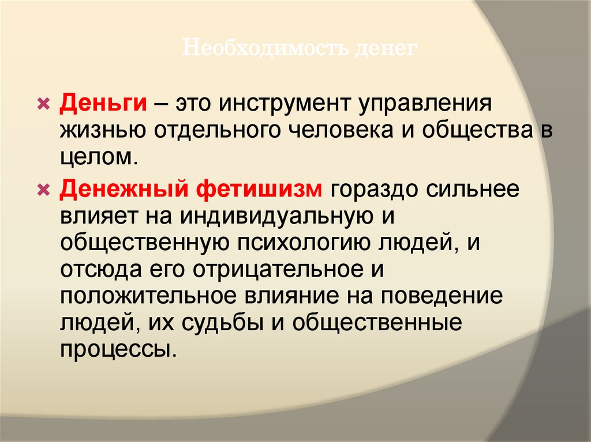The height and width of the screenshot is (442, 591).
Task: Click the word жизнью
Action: click(102, 131)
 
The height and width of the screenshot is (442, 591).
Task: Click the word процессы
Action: click(115, 349)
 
